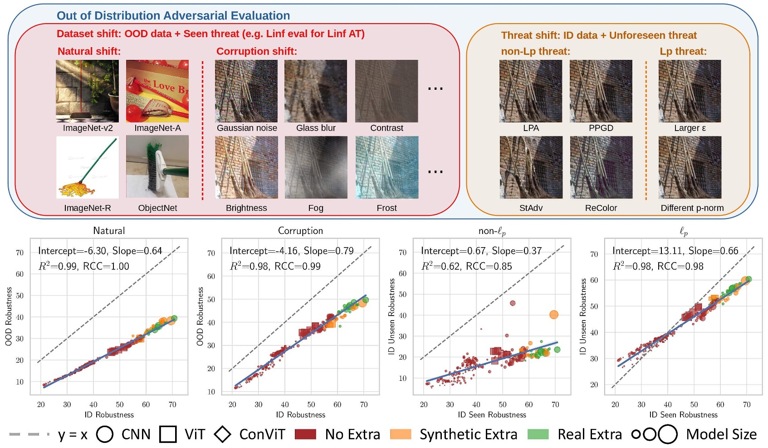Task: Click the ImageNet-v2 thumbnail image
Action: point(87,91)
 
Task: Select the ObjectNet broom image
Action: point(157,167)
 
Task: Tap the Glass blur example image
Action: point(316,91)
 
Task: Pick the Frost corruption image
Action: point(386,167)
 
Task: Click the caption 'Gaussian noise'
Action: point(247,128)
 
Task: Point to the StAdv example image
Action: point(531,167)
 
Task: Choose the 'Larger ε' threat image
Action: point(690,91)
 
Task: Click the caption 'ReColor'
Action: point(601,208)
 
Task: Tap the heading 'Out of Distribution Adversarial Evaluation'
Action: point(173,16)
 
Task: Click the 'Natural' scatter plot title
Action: point(109,231)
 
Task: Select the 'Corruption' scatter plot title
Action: point(300,231)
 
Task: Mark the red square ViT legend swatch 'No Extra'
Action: point(305,434)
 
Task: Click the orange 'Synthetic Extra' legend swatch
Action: point(401,434)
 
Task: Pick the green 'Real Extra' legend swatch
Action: point(538,434)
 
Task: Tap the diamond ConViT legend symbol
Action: point(222,434)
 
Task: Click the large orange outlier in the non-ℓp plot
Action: point(554,315)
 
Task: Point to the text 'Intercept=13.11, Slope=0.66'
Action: point(675,251)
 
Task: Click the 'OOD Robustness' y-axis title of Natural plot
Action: point(9,316)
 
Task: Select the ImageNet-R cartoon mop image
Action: point(87,167)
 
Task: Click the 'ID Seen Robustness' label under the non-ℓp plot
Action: point(492,415)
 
